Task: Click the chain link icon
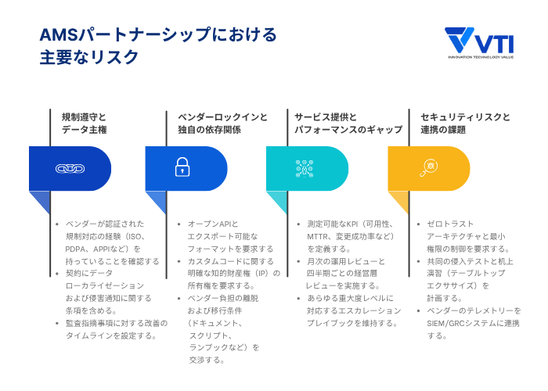[70, 169]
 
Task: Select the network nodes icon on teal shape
[304, 168]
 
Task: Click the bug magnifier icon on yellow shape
[429, 167]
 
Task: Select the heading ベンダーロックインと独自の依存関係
[222, 123]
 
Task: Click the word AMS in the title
[59, 35]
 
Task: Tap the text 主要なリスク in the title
[89, 58]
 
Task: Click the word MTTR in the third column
[318, 236]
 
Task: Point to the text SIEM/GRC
[445, 323]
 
